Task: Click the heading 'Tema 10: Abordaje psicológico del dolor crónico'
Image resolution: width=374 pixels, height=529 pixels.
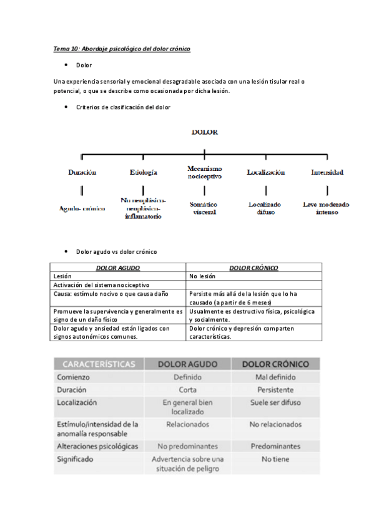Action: click(x=121, y=49)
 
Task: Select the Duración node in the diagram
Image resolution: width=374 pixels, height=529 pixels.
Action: click(x=82, y=172)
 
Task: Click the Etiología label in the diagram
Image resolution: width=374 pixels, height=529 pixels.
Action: click(x=143, y=172)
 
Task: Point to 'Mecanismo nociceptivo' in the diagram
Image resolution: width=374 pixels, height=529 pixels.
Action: click(x=205, y=172)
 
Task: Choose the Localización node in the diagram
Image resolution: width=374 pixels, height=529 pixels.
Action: click(x=265, y=172)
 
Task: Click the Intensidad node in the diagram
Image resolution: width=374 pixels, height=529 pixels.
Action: click(x=327, y=172)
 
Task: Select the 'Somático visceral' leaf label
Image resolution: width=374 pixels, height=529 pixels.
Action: click(x=204, y=208)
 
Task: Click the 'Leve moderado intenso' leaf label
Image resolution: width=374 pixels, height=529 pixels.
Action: click(x=327, y=208)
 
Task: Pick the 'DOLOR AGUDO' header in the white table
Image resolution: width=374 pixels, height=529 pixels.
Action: click(x=118, y=268)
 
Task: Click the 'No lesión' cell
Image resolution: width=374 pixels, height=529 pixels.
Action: click(x=202, y=276)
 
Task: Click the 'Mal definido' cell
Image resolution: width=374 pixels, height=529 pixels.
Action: click(x=275, y=377)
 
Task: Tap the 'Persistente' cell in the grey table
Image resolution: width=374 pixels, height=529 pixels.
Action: click(x=275, y=390)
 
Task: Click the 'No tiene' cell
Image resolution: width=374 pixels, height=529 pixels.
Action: click(x=275, y=459)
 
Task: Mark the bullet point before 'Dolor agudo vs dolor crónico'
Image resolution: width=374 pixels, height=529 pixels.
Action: click(x=66, y=251)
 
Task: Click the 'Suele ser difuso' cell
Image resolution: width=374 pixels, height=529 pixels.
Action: click(x=275, y=403)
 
